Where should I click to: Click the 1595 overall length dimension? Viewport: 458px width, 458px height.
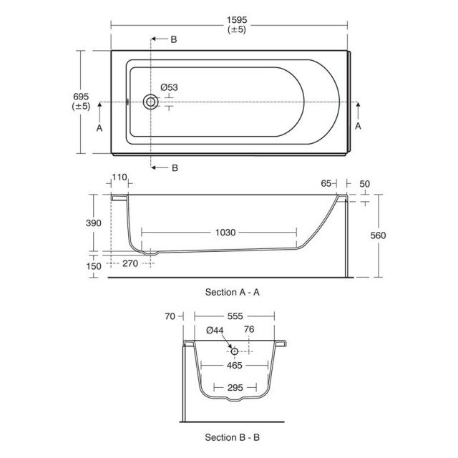237,20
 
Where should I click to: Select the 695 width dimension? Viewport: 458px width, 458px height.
81,97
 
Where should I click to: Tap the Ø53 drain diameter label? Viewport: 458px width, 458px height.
169,87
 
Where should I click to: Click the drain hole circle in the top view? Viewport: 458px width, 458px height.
151,102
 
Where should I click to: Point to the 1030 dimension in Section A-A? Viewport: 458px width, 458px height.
225,233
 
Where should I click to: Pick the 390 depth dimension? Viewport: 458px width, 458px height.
94,223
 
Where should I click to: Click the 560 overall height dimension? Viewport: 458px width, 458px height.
378,235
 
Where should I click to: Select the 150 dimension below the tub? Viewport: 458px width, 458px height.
94,266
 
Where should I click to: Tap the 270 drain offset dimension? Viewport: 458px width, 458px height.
130,263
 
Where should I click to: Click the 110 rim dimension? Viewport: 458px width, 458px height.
120,177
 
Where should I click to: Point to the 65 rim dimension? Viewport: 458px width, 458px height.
326,183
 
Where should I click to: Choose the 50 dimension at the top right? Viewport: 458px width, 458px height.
364,184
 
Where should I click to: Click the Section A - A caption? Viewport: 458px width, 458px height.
232,292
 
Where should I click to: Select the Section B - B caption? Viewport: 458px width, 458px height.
232,437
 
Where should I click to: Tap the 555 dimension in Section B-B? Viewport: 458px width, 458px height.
235,316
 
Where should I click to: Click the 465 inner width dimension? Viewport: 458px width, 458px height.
235,366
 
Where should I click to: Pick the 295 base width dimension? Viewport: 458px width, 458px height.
235,388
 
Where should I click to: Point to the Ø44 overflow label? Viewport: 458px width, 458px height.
215,331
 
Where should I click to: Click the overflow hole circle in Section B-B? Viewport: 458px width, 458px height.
234,351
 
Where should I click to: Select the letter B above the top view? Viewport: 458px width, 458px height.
174,39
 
